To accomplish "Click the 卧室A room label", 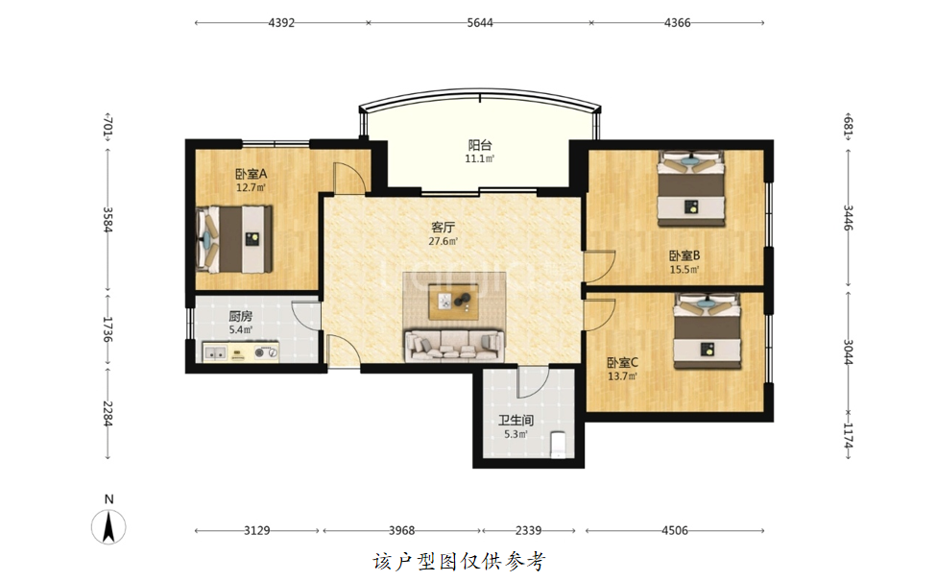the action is pyautogui.click(x=251, y=175).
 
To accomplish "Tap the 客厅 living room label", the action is pyautogui.click(x=443, y=228).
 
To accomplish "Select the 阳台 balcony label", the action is pyautogui.click(x=480, y=145).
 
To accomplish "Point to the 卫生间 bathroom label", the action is pyautogui.click(x=516, y=421).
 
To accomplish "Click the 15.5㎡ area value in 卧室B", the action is pyautogui.click(x=684, y=269).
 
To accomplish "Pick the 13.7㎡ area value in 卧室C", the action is pyautogui.click(x=623, y=376).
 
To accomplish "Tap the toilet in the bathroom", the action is pyautogui.click(x=558, y=445).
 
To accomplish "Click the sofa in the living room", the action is pyautogui.click(x=454, y=345).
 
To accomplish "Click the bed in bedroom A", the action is pyautogui.click(x=234, y=239).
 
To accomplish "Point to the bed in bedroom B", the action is pyautogui.click(x=691, y=188).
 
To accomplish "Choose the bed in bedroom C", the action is pyautogui.click(x=708, y=331).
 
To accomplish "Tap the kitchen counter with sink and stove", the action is pyautogui.click(x=241, y=351).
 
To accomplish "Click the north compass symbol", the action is pyautogui.click(x=108, y=526).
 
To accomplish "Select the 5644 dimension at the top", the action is pyautogui.click(x=480, y=23).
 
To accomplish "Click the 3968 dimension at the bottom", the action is pyautogui.click(x=401, y=530).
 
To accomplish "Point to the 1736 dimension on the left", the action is pyautogui.click(x=108, y=329).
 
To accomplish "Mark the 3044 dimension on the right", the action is pyautogui.click(x=849, y=352).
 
